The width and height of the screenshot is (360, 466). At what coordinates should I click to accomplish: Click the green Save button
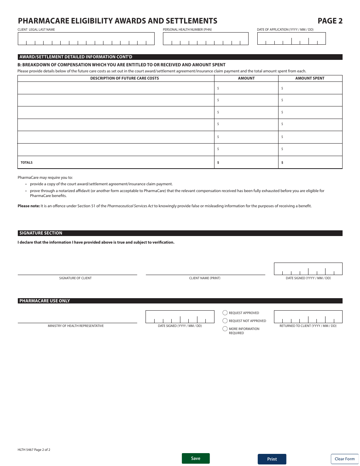tap(196, 458)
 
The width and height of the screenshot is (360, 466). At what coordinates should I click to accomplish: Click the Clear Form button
tap(344, 459)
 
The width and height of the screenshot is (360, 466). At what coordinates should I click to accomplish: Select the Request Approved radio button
tap(225, 313)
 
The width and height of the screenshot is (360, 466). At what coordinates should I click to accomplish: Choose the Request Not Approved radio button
tap(225, 321)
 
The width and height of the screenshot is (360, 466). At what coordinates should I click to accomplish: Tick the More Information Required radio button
tap(225, 329)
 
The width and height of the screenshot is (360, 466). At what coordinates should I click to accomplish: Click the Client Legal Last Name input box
tap(86, 39)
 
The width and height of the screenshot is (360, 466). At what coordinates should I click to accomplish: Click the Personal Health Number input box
tap(206, 39)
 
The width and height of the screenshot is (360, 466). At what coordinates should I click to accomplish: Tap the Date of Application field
tap(291, 39)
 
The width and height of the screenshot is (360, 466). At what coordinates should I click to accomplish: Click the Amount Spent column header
tap(310, 78)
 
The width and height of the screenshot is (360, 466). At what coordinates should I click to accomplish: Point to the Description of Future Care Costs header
tap(124, 78)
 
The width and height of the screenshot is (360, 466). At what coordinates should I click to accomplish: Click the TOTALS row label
tap(27, 163)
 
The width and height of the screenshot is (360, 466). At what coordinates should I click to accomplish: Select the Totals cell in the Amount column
tap(246, 163)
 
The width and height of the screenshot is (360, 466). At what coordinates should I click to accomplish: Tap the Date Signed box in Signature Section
tap(308, 269)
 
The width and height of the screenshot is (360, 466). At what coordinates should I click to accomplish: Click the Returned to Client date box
tap(308, 317)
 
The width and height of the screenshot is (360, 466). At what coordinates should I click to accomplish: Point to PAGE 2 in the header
tap(330, 21)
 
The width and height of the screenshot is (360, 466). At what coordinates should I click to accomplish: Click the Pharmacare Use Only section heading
tap(45, 301)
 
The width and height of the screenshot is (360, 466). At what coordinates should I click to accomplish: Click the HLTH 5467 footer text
tap(34, 450)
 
